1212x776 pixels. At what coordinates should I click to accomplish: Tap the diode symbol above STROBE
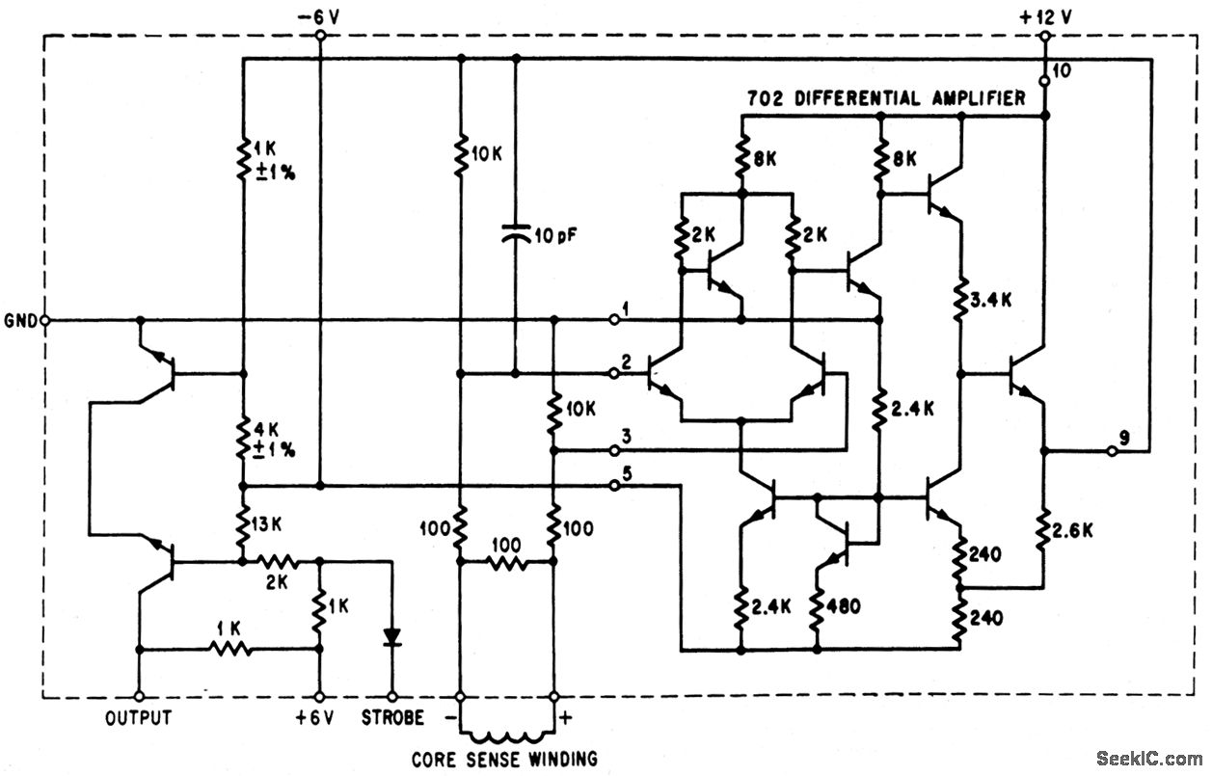click(391, 637)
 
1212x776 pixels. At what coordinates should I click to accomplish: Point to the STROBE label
click(391, 718)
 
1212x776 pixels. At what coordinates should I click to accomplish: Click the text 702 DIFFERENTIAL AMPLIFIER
click(886, 98)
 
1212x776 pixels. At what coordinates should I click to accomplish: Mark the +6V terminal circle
click(317, 696)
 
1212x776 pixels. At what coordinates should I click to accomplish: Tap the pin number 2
click(626, 361)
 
